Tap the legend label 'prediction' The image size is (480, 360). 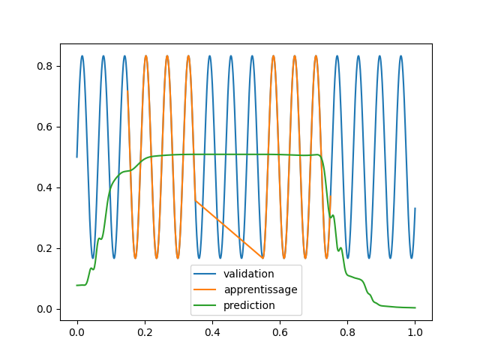[250, 305]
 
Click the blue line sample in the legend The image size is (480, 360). [205, 274]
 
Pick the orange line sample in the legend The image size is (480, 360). [205, 289]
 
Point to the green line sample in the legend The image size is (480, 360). [205, 305]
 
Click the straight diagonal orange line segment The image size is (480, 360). [229, 229]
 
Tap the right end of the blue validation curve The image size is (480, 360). [415, 208]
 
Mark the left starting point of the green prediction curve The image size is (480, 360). [77, 285]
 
